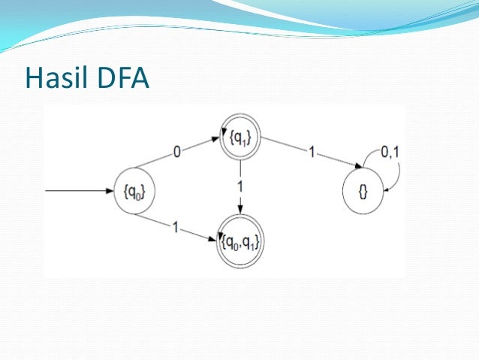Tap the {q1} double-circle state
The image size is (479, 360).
tap(240, 138)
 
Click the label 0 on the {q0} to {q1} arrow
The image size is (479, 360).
tap(177, 153)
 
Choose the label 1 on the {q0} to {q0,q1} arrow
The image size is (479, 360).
tap(174, 225)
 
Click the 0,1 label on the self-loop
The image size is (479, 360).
tap(389, 153)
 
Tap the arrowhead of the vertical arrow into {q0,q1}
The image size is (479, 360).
tap(240, 212)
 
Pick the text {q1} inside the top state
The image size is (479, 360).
tap(240, 138)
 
